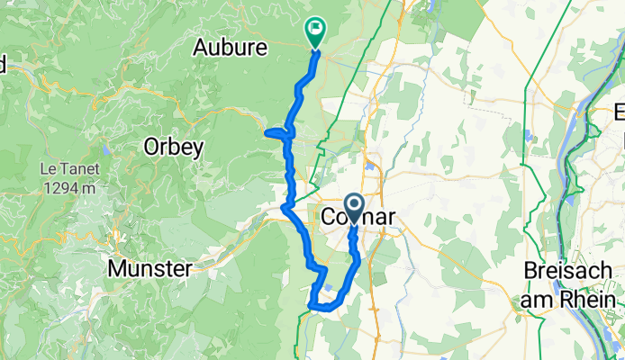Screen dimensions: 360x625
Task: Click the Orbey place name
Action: (x=173, y=147)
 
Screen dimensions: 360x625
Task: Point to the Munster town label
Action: (x=149, y=268)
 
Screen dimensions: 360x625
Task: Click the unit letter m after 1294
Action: (x=87, y=189)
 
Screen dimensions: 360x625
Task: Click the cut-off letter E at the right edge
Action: (x=620, y=113)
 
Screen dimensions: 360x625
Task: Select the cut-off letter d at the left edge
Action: (x=3, y=65)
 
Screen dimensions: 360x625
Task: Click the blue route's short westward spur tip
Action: (x=267, y=133)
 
